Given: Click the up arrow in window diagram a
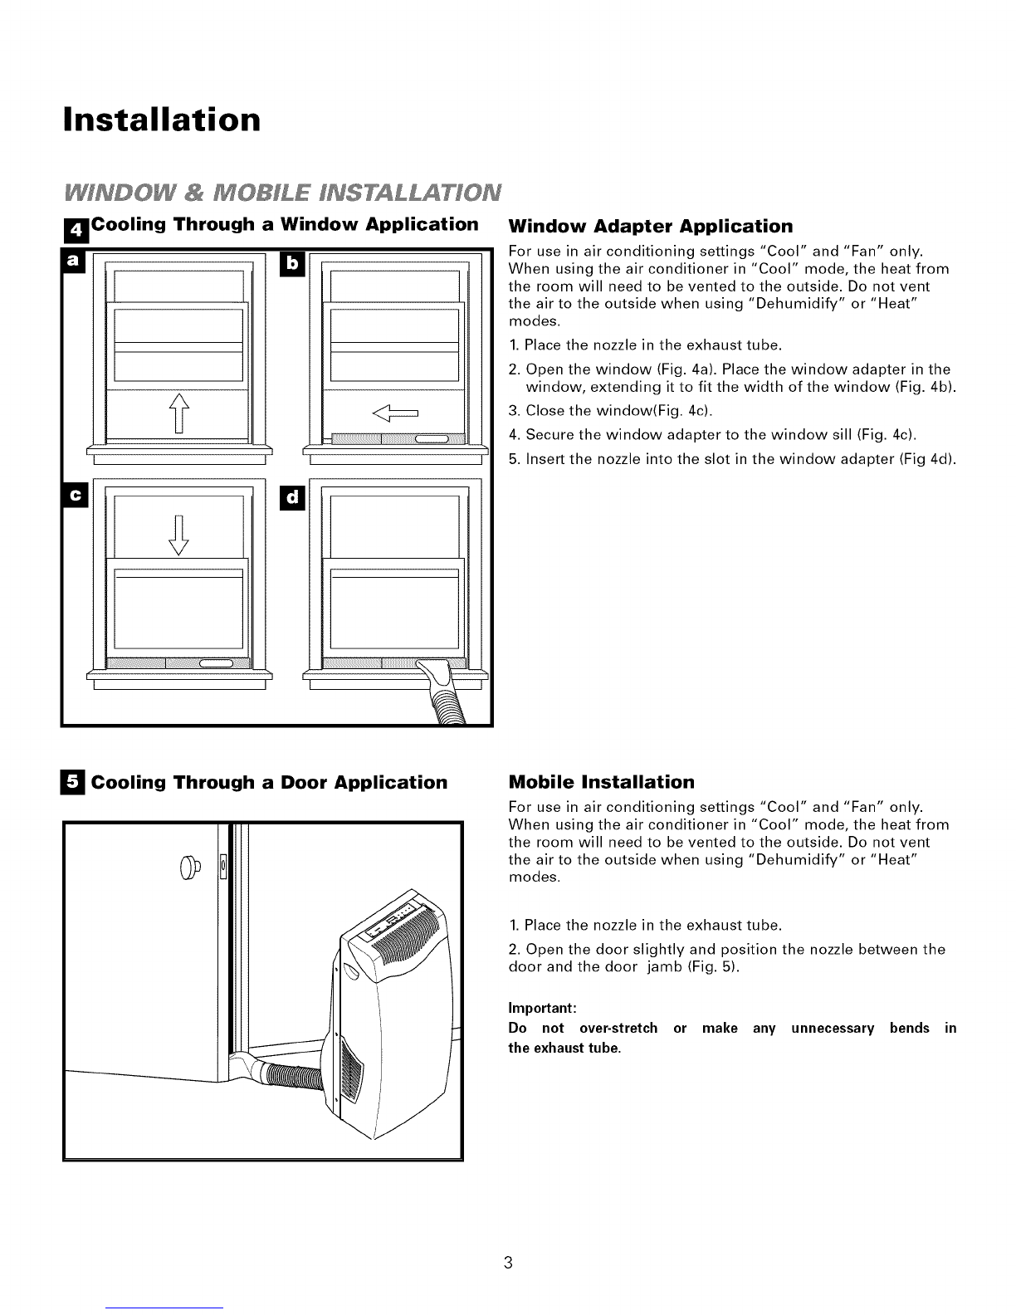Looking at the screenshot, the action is [x=179, y=413].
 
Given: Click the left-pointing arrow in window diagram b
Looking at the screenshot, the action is [x=395, y=413].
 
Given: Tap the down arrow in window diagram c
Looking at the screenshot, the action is [x=178, y=535].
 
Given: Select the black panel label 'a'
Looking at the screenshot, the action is [x=73, y=261].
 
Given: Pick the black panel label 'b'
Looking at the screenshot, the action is [x=292, y=264].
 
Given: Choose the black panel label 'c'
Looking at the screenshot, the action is [x=76, y=495].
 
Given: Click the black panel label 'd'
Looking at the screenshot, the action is [x=292, y=496].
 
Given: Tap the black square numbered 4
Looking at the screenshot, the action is [x=76, y=230].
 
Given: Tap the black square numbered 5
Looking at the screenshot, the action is [x=73, y=782].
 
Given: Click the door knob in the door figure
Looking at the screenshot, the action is [x=189, y=868].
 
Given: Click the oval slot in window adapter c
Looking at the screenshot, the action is [x=216, y=664].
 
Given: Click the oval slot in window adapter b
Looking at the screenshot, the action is [x=432, y=438].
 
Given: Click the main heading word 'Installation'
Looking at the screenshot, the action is [x=162, y=120].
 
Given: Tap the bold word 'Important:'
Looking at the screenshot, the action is [x=542, y=1008].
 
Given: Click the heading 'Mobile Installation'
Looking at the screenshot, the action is [x=602, y=782].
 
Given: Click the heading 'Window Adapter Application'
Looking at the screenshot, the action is [x=651, y=227].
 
